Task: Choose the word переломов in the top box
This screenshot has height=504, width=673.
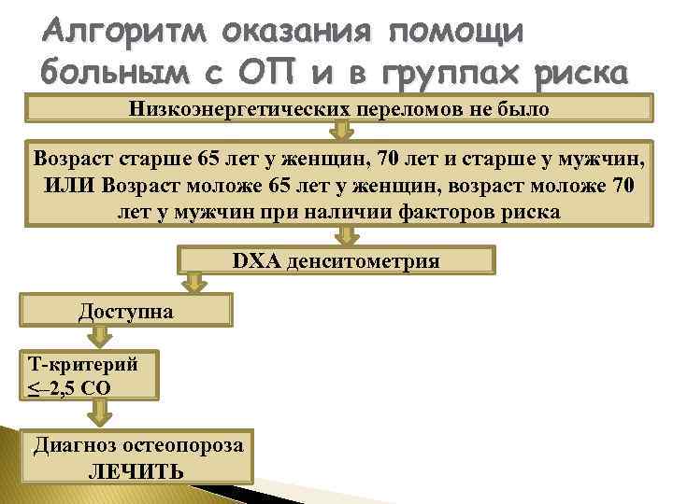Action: tap(409, 109)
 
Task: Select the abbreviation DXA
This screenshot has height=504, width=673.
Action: tap(255, 260)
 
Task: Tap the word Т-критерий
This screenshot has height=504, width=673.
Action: tap(84, 364)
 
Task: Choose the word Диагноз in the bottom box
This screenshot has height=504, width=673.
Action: tap(74, 445)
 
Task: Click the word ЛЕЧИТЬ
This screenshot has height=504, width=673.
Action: tap(136, 471)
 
